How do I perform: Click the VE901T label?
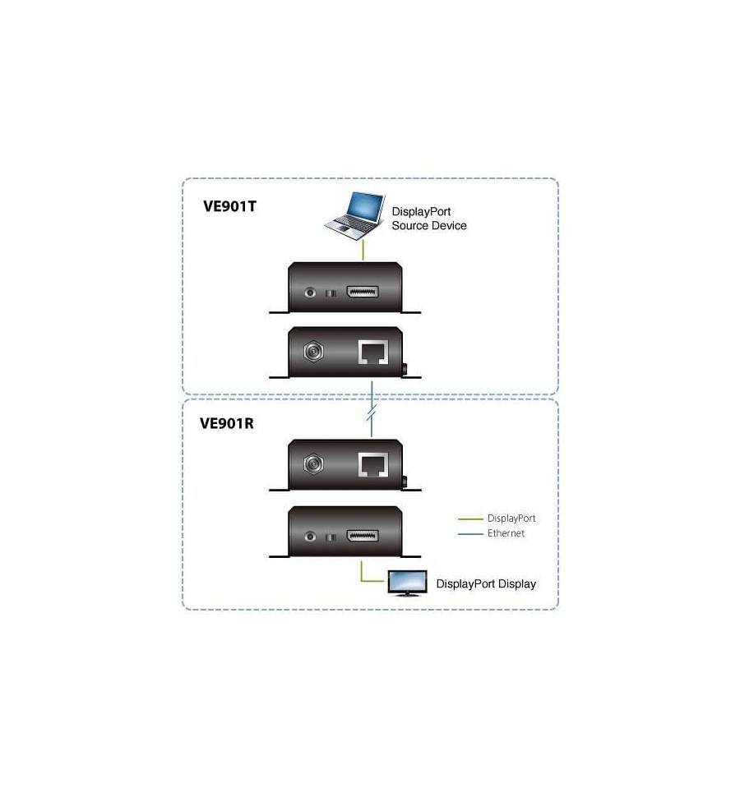(229, 206)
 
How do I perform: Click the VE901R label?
(227, 424)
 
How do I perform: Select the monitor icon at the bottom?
(407, 583)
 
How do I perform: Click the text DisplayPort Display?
(486, 584)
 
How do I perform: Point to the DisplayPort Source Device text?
(429, 219)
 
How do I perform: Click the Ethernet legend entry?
(491, 533)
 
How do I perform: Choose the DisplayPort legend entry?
(497, 518)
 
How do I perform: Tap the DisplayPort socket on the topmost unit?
(363, 292)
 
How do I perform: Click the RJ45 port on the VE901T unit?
(373, 352)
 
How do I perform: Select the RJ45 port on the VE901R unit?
(373, 464)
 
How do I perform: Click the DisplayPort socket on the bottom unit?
(363, 536)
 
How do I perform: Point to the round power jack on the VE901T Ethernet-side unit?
(314, 352)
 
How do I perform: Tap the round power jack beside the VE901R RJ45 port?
(314, 463)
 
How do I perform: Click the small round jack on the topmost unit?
(310, 292)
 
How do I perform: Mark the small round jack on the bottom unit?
(310, 537)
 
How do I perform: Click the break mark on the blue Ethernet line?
(372, 415)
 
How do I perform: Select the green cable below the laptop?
(363, 251)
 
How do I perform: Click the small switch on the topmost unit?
(331, 293)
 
